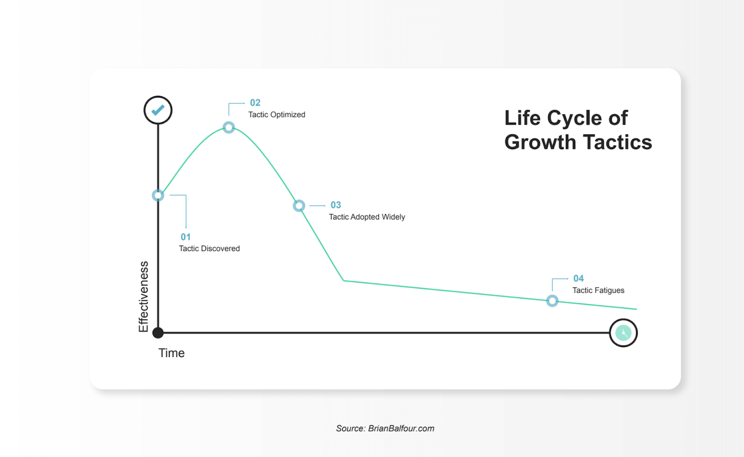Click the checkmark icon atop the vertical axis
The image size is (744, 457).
coord(158,110)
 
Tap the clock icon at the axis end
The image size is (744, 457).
coord(623,333)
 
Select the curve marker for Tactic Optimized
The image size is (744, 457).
coord(228,127)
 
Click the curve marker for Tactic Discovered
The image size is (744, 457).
coord(158,195)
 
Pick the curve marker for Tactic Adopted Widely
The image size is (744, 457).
coord(299,205)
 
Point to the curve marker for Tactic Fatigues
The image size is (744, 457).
coord(552,301)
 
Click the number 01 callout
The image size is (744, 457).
coord(186,237)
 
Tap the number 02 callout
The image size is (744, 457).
coord(255,103)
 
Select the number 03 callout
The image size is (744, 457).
coord(336,205)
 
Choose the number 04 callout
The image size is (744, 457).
coord(578,278)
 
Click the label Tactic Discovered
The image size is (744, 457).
coord(209,249)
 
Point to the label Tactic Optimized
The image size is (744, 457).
coord(277,115)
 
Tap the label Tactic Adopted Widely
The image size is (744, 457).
coord(367,217)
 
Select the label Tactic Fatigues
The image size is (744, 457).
coord(598,291)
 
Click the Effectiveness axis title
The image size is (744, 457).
coord(144,297)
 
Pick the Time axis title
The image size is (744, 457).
coord(172,353)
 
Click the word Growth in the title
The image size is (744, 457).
coord(540,143)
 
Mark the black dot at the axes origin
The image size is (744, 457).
coord(158,333)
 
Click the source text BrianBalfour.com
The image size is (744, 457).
coord(401,429)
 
